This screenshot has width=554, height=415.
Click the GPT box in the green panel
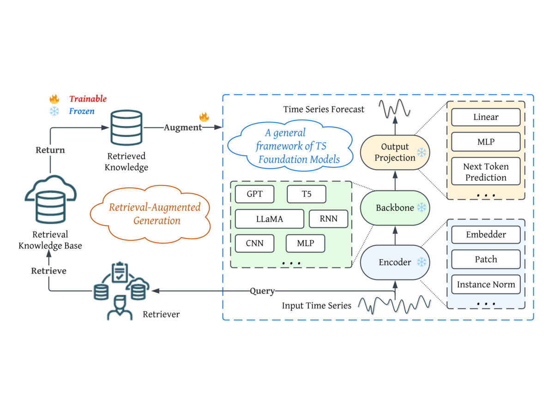(x=254, y=194)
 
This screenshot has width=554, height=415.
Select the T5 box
(x=307, y=194)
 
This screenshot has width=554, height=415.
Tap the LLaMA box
(x=270, y=219)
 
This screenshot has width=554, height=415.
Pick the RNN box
(x=328, y=219)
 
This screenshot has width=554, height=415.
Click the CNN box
(x=254, y=243)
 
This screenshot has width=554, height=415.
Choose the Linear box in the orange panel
(x=486, y=117)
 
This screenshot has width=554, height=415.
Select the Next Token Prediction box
(x=486, y=172)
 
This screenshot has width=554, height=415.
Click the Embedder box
(x=486, y=235)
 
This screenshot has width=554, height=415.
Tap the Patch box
(x=486, y=259)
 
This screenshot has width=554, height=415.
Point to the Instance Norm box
(x=486, y=285)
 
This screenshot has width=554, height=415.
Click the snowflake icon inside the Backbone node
(x=422, y=207)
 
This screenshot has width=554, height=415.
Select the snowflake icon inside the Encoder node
(x=422, y=262)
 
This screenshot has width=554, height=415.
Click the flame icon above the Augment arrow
(x=204, y=117)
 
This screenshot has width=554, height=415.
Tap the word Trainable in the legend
(x=88, y=99)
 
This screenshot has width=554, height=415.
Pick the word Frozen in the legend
(x=82, y=111)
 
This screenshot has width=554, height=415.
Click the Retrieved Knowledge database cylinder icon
(x=126, y=128)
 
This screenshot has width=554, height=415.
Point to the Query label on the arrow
(x=262, y=291)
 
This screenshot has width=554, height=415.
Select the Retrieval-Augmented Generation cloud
(x=151, y=214)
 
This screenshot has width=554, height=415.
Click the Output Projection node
(x=395, y=153)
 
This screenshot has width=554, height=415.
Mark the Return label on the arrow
(x=50, y=150)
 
